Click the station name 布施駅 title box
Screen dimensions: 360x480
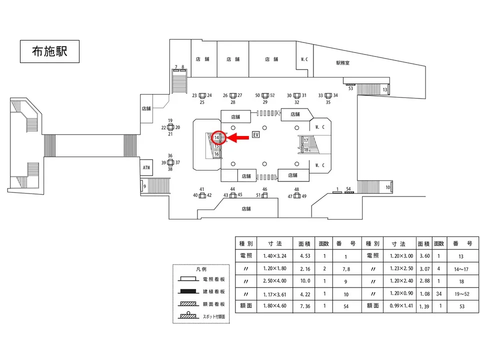point(49,51)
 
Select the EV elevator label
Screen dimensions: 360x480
point(256,135)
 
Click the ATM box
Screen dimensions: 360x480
point(146,167)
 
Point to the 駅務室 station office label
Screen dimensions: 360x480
point(342,63)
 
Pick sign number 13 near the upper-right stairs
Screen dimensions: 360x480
point(385,89)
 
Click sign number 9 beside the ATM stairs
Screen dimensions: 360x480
point(144,186)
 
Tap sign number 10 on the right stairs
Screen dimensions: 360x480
point(388,187)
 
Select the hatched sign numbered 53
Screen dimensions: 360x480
point(351,85)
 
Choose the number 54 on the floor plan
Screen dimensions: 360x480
point(349,188)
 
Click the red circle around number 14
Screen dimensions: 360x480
point(217,137)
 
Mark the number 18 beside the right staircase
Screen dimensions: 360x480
point(306,149)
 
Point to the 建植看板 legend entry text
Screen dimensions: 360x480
point(213,291)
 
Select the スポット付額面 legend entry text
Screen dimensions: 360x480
point(214,316)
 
